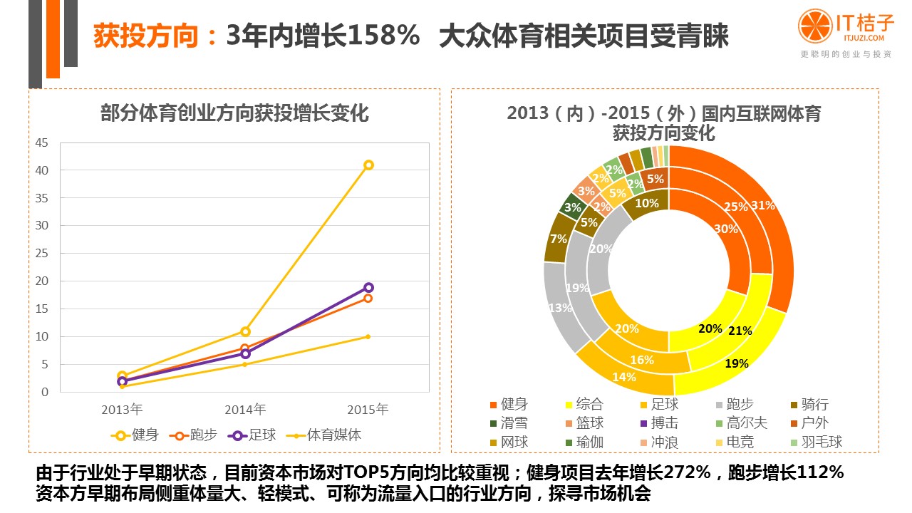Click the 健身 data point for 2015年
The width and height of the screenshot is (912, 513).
coord(368,165)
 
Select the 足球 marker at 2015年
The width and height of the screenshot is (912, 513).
coord(368,287)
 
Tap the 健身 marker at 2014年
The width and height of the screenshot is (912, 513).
coord(245,331)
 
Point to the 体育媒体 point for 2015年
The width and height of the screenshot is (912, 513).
coord(368,336)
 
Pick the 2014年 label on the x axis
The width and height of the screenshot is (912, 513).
coord(245,410)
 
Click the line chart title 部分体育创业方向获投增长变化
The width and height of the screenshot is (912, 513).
coord(235,113)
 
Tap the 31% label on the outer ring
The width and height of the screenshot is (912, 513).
coord(762,205)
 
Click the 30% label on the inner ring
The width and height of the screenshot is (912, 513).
coord(726,229)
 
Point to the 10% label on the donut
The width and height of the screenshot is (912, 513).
coord(646,203)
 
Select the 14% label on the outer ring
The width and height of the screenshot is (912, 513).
coord(623,378)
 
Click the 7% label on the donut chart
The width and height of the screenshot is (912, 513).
coord(559,239)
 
